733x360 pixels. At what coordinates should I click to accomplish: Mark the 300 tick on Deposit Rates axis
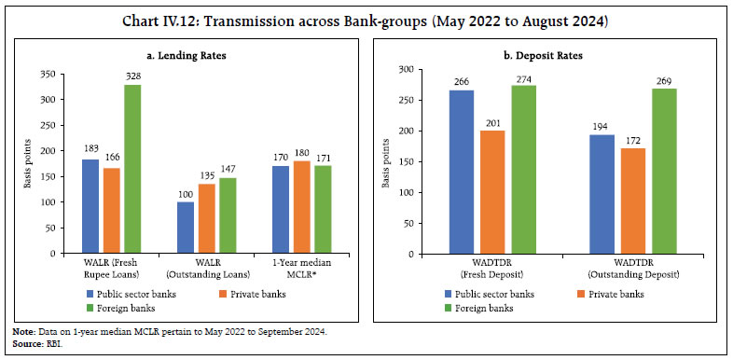click(404, 70)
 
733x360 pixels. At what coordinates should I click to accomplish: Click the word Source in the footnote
click(23, 341)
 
